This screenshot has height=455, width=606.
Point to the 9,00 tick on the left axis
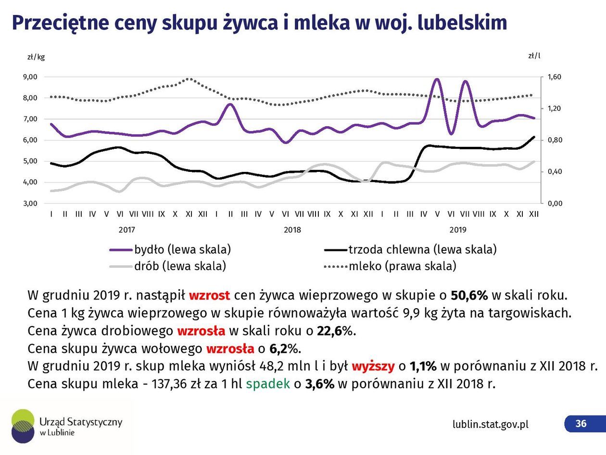point(30,77)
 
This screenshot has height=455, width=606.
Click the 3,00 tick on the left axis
point(30,204)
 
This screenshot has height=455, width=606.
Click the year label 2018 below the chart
point(292,230)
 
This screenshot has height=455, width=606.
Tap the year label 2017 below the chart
point(127,230)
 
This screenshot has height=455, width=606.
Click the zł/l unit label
point(534,55)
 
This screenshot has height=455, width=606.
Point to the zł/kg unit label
point(36,57)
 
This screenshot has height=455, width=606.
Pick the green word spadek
point(268,384)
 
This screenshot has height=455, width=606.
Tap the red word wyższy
point(373,366)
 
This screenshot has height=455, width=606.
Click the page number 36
point(581,424)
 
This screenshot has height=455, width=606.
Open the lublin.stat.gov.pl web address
point(490,424)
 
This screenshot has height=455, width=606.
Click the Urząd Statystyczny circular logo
point(23,426)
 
